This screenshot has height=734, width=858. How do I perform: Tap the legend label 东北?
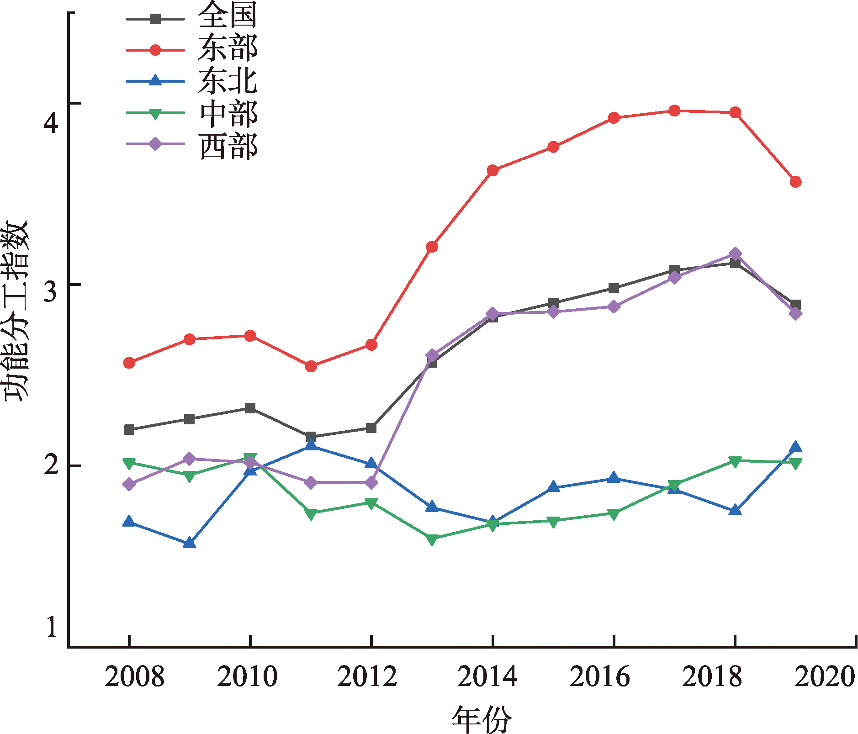pyautogui.click(x=227, y=80)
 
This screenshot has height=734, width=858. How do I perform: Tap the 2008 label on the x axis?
pyautogui.click(x=134, y=676)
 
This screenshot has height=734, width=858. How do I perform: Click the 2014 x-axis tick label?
pyautogui.click(x=487, y=676)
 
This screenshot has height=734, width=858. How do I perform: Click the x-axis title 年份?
pyautogui.click(x=482, y=719)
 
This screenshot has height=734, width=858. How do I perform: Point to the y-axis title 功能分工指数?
pyautogui.click(x=16, y=311)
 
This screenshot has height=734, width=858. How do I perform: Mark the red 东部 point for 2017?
pyautogui.click(x=674, y=111)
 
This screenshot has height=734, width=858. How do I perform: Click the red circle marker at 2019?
pyautogui.click(x=795, y=182)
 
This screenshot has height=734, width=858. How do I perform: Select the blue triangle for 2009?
pyautogui.click(x=190, y=543)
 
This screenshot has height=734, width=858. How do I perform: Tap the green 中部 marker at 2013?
pyautogui.click(x=432, y=539)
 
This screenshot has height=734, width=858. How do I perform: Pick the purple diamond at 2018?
pyautogui.click(x=735, y=254)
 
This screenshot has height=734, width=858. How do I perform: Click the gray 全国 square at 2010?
pyautogui.click(x=250, y=408)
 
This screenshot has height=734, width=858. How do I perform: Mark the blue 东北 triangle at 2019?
pyautogui.click(x=795, y=447)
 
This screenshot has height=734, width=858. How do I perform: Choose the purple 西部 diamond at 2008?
pyautogui.click(x=129, y=484)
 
